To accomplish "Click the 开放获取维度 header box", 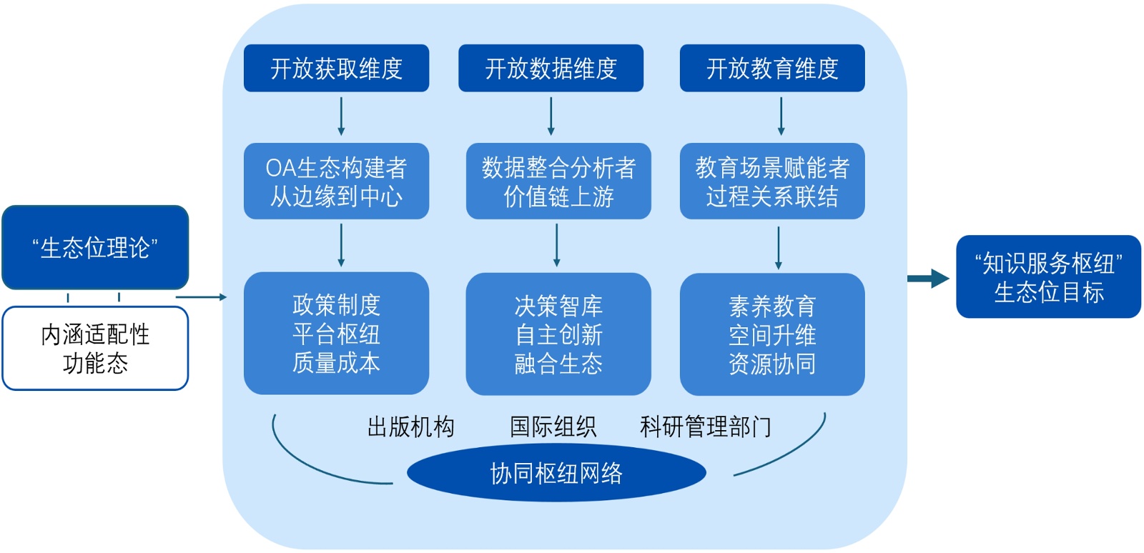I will tap(336, 69).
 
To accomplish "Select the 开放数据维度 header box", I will tap(551, 69).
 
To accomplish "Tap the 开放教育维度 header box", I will tap(772, 69).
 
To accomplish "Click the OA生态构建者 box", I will tap(336, 181).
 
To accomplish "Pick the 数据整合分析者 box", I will tap(558, 181).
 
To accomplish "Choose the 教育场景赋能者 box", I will tap(772, 181).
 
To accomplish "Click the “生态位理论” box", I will tap(95, 248).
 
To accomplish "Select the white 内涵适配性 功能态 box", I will tap(95, 349).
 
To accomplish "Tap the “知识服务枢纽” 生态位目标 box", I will tap(1048, 277).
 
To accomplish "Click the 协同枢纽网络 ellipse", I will tap(556, 473).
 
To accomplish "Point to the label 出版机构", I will tap(410, 427).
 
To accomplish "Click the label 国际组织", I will tap(553, 427).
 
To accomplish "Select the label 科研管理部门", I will tap(706, 427).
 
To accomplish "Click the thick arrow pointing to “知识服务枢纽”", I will tap(928, 279).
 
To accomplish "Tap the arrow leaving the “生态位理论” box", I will tap(201, 297).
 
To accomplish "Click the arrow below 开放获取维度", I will tap(341, 116).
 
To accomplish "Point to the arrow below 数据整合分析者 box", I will tap(557, 245).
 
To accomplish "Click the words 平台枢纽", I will tap(336, 334).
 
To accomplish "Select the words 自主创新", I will tap(558, 335).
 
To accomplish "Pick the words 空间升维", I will tap(772, 335).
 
